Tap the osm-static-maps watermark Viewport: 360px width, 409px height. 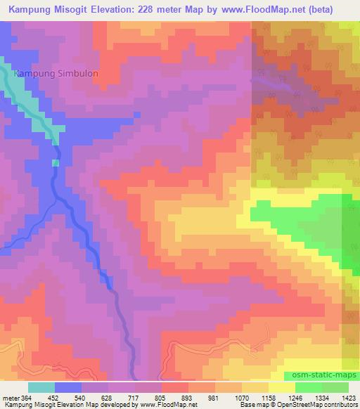[x=320, y=372]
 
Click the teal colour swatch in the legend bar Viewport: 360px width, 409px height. [x=41, y=387]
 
